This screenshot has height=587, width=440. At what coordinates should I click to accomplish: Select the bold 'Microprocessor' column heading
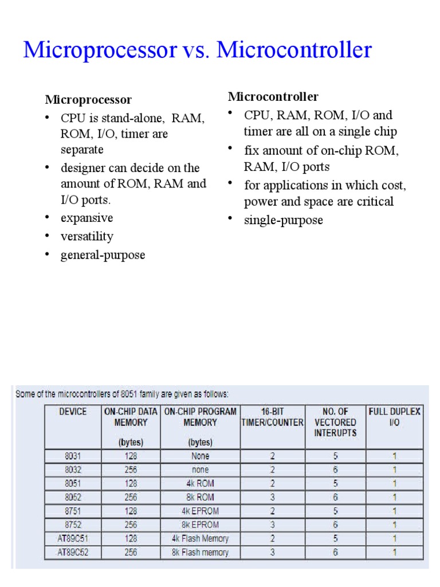88,100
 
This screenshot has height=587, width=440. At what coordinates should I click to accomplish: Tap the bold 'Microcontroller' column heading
273,96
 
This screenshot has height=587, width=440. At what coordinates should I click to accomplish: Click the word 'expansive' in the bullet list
87,218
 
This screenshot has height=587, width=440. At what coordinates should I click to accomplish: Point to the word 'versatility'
87,236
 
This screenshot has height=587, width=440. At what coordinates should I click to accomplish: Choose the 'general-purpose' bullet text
103,255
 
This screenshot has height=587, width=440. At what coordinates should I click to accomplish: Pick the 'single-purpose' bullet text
284,220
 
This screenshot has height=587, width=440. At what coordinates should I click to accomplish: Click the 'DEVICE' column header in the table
73,412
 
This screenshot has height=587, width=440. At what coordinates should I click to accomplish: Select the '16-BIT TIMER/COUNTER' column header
273,417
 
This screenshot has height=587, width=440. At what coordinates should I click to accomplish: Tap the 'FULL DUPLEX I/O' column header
395,417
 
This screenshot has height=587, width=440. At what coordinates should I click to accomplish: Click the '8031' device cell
73,456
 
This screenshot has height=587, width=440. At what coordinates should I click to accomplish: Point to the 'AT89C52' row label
73,553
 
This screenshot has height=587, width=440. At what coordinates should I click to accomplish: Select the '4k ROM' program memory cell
200,483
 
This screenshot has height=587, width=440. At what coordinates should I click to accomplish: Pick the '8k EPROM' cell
200,525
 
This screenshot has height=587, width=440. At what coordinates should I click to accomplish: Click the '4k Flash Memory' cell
200,539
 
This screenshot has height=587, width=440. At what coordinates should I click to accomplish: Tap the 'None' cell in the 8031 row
200,456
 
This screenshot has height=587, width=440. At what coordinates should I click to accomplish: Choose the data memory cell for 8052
131,497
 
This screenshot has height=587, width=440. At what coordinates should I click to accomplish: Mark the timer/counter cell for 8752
273,525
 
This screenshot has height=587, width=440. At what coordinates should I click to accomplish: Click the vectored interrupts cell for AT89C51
335,539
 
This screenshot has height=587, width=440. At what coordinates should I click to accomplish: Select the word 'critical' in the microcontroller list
373,201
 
